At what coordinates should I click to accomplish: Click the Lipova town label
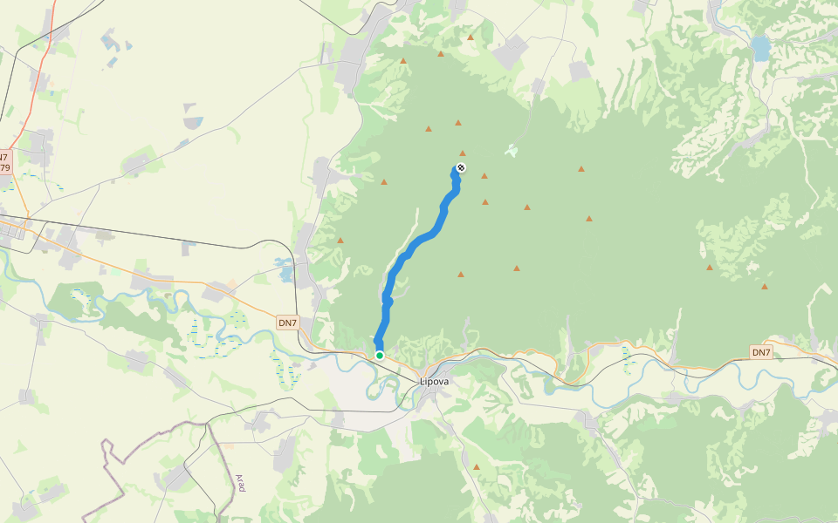pos(434,382)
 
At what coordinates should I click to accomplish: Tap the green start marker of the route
pos(380,355)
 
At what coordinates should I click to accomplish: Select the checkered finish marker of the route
pos(461,167)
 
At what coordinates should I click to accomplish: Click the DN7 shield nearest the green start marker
pos(287,323)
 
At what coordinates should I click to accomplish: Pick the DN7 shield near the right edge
pos(761,352)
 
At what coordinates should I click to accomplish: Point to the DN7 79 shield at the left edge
pos(4,162)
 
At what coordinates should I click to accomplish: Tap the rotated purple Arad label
pos(240,483)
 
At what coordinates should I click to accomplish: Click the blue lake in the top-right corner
pos(761,48)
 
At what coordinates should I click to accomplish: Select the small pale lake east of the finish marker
pos(511,151)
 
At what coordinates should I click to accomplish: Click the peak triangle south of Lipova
pos(477,467)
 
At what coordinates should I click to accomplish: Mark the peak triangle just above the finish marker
pos(463,153)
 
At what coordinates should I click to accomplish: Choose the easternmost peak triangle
pos(765,286)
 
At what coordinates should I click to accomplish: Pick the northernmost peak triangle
pos(470,37)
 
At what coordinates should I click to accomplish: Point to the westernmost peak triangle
pos(340,241)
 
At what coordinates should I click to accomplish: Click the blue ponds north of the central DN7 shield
pos(285,269)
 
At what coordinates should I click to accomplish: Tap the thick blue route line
pos(410,253)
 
